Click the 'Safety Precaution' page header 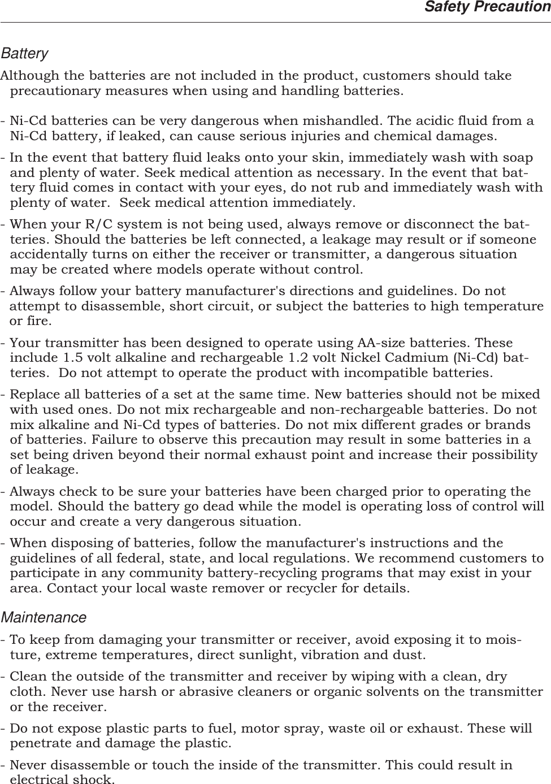pyautogui.click(x=487, y=7)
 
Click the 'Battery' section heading pyautogui.click(x=24, y=54)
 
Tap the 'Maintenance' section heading pyautogui.click(x=44, y=618)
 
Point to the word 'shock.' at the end pyautogui.click(x=92, y=781)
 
